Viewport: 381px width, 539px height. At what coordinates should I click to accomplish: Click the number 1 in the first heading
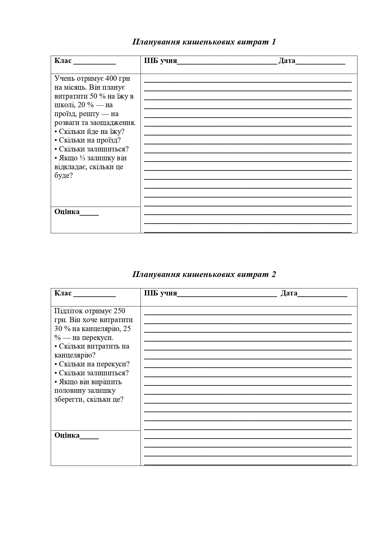coord(274,42)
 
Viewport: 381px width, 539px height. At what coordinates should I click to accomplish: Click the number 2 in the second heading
coord(274,274)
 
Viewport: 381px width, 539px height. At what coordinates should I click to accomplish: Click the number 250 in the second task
coord(119,311)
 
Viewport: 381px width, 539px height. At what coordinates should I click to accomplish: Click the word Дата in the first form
coord(287,61)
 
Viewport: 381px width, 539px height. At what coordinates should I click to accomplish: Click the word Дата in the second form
coord(289,293)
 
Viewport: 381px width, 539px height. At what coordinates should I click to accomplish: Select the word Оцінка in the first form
coord(67,212)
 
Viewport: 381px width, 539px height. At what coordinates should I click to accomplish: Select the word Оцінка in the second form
coord(67,435)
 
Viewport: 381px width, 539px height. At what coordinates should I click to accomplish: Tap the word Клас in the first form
coord(63,61)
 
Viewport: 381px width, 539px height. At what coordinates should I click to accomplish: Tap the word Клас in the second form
coord(63,293)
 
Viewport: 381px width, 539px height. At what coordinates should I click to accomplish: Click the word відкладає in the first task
coord(70,167)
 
